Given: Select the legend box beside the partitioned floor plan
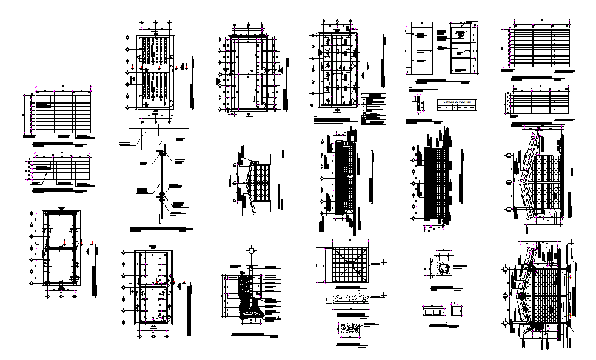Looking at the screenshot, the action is pos(373,108).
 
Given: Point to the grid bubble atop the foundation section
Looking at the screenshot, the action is pos(250,250).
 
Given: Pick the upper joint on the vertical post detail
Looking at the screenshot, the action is pos(162,155).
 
